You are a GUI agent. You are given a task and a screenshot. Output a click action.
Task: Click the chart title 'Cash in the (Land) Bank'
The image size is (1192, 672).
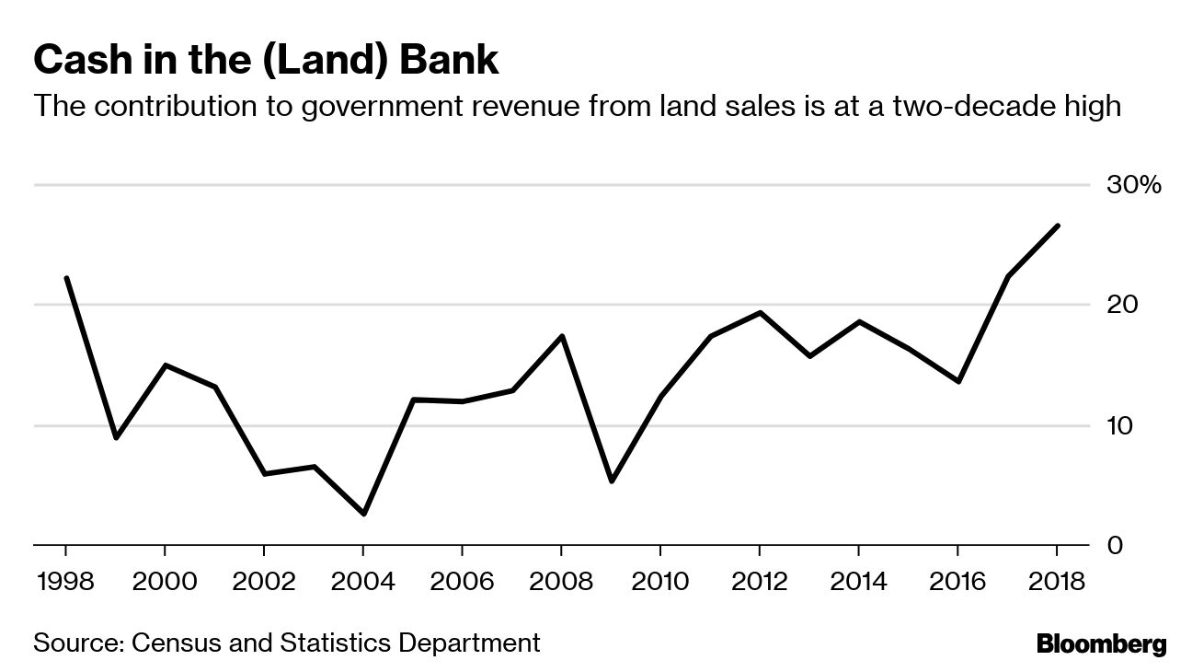coord(266,61)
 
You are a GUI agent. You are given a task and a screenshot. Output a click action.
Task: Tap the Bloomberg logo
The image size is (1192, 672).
coord(1101,644)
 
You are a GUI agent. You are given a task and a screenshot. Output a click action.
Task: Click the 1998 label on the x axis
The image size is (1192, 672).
coord(65,583)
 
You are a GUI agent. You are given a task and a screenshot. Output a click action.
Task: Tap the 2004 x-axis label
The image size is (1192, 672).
coord(362,583)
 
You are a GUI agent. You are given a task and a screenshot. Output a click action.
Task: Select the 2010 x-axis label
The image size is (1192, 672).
coord(659,583)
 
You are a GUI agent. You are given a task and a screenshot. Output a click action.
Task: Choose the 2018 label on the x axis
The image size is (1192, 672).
coord(1056,583)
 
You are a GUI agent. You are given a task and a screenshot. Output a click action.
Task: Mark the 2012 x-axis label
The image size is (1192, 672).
coord(759,583)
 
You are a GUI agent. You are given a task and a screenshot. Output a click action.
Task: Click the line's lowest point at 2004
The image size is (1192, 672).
coord(363,514)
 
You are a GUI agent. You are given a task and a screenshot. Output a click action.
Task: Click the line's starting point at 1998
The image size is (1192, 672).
coord(66,278)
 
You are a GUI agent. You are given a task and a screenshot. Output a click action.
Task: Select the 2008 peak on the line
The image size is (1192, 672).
coord(561,336)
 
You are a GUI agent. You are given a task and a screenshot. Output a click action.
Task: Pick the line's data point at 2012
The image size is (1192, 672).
coord(760,313)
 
